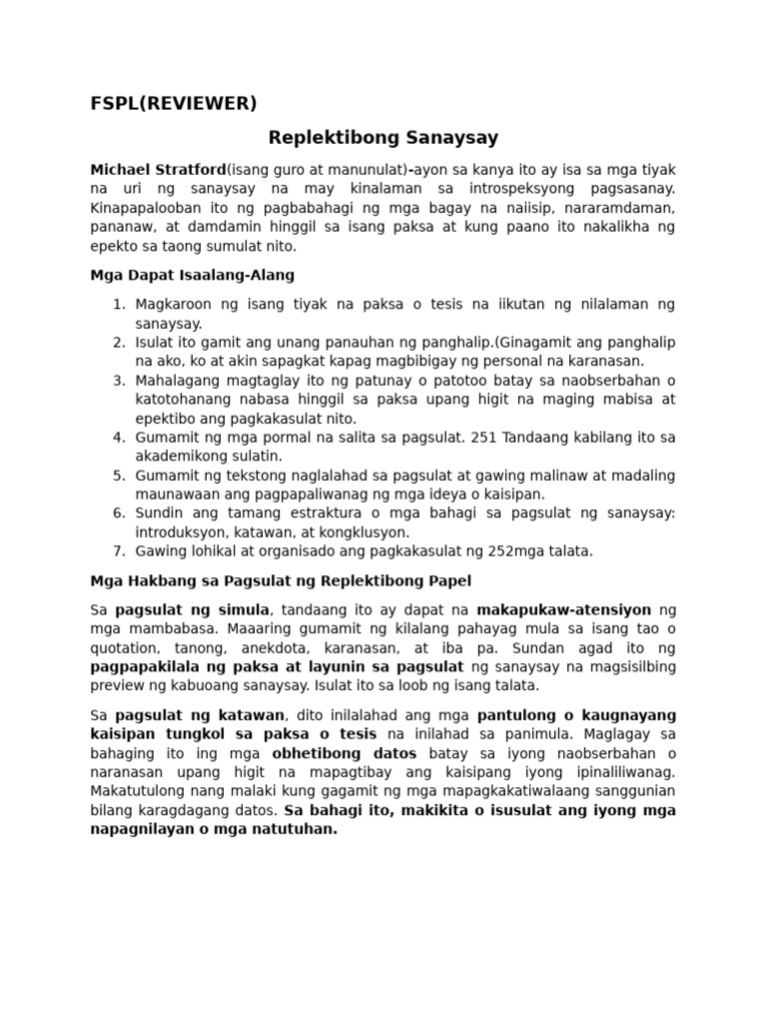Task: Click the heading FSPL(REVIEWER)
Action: pyautogui.click(x=173, y=103)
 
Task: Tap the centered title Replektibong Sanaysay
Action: pyautogui.click(x=383, y=138)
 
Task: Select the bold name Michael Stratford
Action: pyautogui.click(x=158, y=169)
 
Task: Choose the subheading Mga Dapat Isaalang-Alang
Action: pyautogui.click(x=192, y=275)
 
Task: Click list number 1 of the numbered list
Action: pyautogui.click(x=118, y=304)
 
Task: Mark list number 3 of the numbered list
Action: pyautogui.click(x=118, y=380)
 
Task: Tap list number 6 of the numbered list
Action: pyautogui.click(x=118, y=512)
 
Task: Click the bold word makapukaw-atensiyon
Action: pyautogui.click(x=563, y=608)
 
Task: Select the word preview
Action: pyautogui.click(x=118, y=684)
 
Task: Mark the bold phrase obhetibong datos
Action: pyautogui.click(x=336, y=752)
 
